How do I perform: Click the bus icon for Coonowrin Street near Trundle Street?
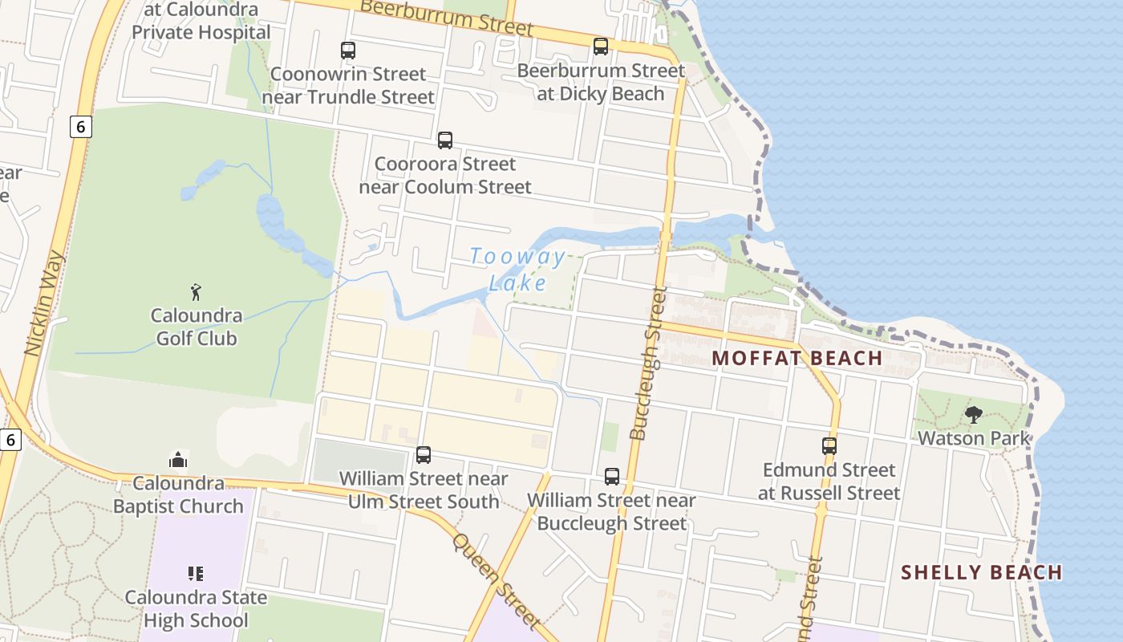pyautogui.click(x=348, y=51)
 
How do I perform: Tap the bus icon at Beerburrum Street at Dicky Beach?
pyautogui.click(x=601, y=47)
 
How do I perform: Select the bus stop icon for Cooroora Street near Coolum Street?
pyautogui.click(x=445, y=140)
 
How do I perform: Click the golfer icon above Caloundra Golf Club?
pyautogui.click(x=196, y=292)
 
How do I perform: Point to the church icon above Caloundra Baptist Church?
pyautogui.click(x=178, y=460)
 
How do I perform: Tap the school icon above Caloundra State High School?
pyautogui.click(x=196, y=574)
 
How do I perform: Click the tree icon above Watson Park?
pyautogui.click(x=974, y=415)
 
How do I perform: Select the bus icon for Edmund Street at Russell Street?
pyautogui.click(x=829, y=445)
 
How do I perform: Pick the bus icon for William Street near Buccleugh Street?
pyautogui.click(x=612, y=477)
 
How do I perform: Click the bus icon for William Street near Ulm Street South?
pyautogui.click(x=424, y=455)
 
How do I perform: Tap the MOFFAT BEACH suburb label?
pyautogui.click(x=797, y=358)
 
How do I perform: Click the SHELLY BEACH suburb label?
pyautogui.click(x=981, y=572)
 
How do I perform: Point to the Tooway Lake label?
pyautogui.click(x=518, y=270)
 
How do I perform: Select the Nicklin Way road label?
pyautogui.click(x=44, y=303)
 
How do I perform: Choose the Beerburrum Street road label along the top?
pyautogui.click(x=447, y=17)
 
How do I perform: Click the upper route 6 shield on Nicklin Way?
pyautogui.click(x=80, y=126)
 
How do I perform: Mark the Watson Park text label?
pyautogui.click(x=974, y=438)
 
